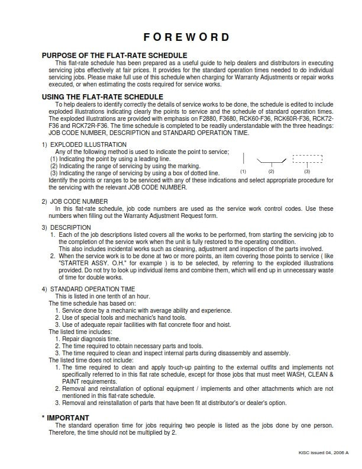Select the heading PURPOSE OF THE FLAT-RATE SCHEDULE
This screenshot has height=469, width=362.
click(114, 56)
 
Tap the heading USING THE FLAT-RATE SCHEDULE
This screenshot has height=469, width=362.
click(102, 97)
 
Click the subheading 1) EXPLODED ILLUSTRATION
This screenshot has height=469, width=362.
click(84, 144)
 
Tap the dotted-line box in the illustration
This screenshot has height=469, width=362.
click(308, 159)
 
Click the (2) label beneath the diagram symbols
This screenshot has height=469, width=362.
click(271, 171)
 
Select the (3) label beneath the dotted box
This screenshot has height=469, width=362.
click(307, 171)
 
